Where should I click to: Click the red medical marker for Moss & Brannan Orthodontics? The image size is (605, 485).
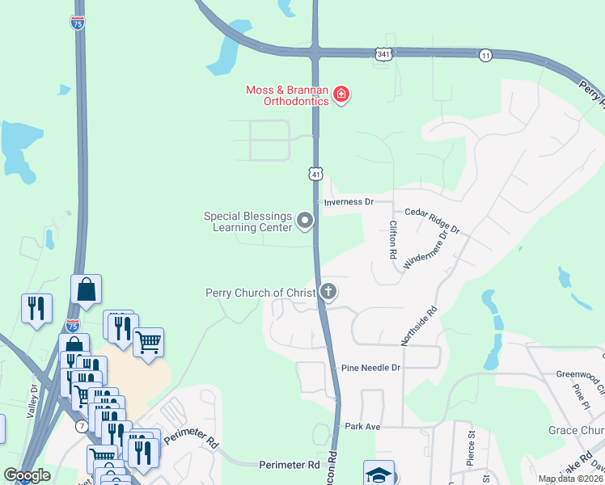coord(341,95)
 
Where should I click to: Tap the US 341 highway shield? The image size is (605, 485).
coord(384,53)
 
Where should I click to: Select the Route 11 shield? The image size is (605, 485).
coord(485,54)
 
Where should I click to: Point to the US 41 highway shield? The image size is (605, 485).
coord(315,173)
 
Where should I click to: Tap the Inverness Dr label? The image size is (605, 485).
coord(349,201)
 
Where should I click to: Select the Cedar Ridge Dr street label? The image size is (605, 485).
coord(432,219)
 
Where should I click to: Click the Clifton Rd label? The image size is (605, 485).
coord(393,240)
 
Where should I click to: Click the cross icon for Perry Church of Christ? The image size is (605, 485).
coord(328,292)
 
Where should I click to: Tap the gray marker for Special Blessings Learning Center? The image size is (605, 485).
coord(305,220)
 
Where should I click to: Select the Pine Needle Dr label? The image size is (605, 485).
coord(371,367)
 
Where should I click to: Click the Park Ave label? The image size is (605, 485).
coord(362,426)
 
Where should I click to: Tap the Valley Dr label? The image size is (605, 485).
coord(33,403)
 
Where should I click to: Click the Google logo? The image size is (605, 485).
coord(27,475)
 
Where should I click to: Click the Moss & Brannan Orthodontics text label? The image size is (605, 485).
coord(288,95)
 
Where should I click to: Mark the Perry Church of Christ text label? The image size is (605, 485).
coord(260,293)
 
